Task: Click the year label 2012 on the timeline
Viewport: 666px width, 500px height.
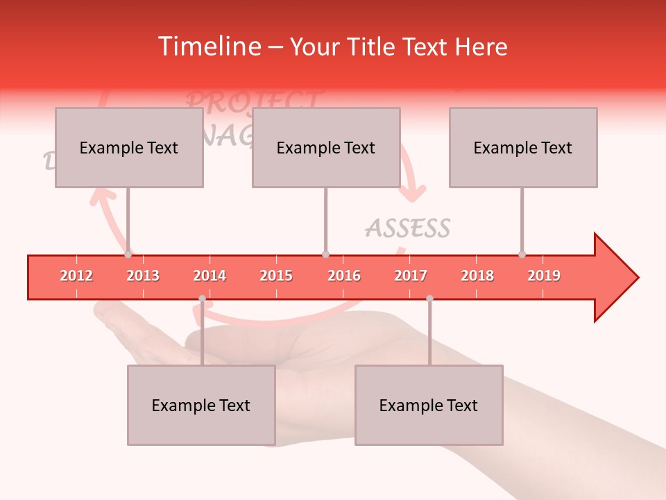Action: tap(76, 276)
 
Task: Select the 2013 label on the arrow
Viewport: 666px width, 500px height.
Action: tap(143, 276)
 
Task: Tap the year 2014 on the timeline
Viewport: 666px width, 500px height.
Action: tap(210, 276)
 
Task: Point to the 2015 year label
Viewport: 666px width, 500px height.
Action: tap(276, 276)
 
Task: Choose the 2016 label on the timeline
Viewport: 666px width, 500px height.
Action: tap(344, 276)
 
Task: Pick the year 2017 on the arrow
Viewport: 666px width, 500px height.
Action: tap(411, 276)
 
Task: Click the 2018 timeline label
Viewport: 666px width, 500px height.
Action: tap(477, 276)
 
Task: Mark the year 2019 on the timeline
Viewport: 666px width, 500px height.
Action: tap(544, 276)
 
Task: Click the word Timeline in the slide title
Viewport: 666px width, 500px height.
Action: tap(207, 47)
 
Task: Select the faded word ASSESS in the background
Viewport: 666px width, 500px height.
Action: tap(408, 228)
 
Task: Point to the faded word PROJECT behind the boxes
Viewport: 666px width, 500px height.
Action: tap(254, 100)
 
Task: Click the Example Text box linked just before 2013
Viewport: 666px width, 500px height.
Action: tap(129, 147)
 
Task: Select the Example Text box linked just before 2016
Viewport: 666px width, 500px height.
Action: tap(326, 147)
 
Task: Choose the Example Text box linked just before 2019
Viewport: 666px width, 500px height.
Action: tap(523, 147)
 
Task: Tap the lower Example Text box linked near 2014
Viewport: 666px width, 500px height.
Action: tap(201, 405)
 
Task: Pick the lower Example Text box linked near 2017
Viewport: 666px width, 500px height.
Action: tap(429, 405)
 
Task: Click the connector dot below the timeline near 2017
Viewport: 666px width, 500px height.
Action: tap(429, 298)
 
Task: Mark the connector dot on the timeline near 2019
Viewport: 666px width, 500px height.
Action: tap(522, 254)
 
